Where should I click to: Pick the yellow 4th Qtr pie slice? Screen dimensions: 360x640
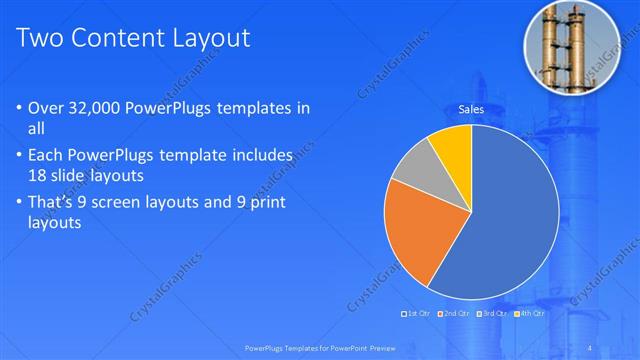[x=452, y=146]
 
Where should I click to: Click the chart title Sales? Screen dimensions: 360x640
[x=472, y=108]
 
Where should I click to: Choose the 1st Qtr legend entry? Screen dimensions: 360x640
[x=417, y=314]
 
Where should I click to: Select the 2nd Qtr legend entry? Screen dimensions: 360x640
[x=457, y=314]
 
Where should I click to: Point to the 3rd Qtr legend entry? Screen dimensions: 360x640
[x=494, y=314]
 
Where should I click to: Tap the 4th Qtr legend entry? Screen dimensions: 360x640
[x=531, y=314]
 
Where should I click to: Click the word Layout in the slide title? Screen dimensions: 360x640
[x=207, y=39]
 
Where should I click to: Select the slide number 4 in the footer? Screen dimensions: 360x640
[x=592, y=347]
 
